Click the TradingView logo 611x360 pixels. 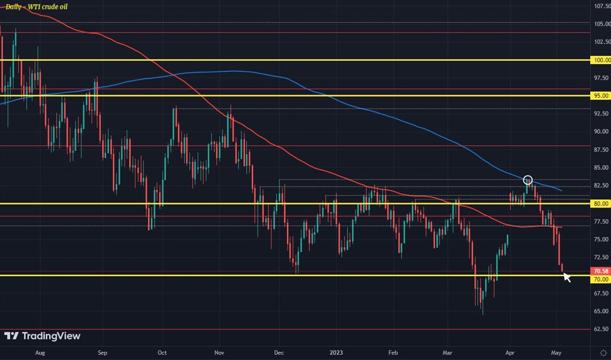coord(43,336)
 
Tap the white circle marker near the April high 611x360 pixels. coord(528,181)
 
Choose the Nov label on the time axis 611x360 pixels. coord(219,352)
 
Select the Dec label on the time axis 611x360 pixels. coord(279,352)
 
